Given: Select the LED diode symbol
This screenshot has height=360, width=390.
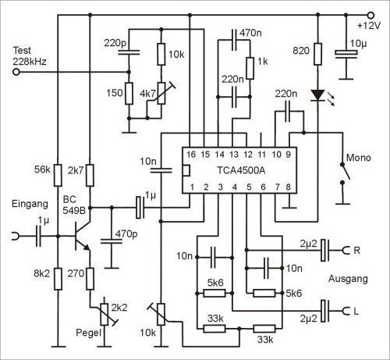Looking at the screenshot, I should (317, 94).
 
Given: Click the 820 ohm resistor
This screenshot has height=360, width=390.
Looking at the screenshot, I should (317, 57).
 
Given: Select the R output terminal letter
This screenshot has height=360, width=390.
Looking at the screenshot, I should (356, 251).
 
